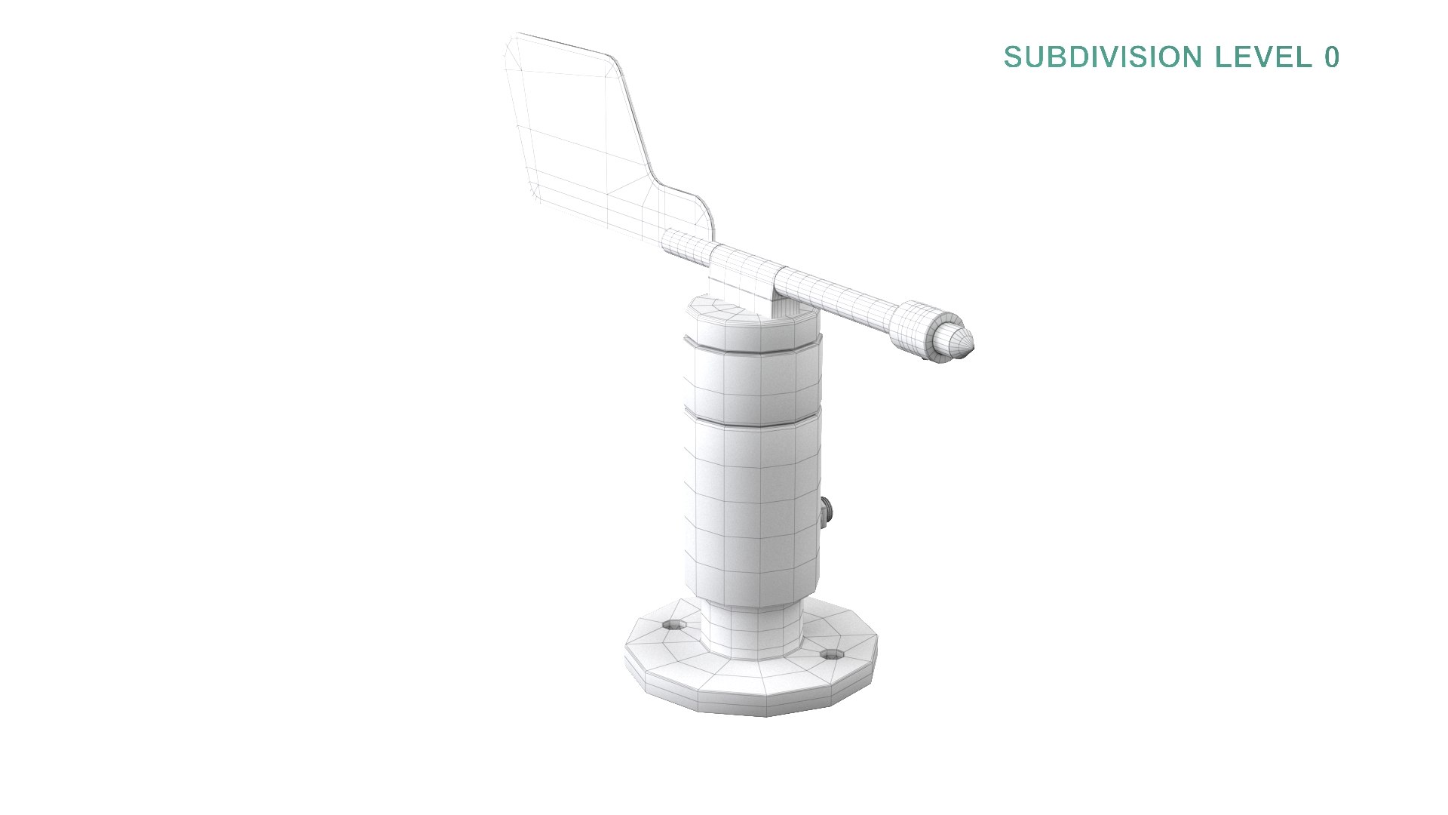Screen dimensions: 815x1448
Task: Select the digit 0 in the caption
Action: pyautogui.click(x=1331, y=57)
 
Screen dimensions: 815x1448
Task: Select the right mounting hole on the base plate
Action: pyautogui.click(x=830, y=654)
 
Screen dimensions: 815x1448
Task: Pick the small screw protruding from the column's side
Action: pyautogui.click(x=826, y=515)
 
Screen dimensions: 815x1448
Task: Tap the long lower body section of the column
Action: pyautogui.click(x=754, y=513)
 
